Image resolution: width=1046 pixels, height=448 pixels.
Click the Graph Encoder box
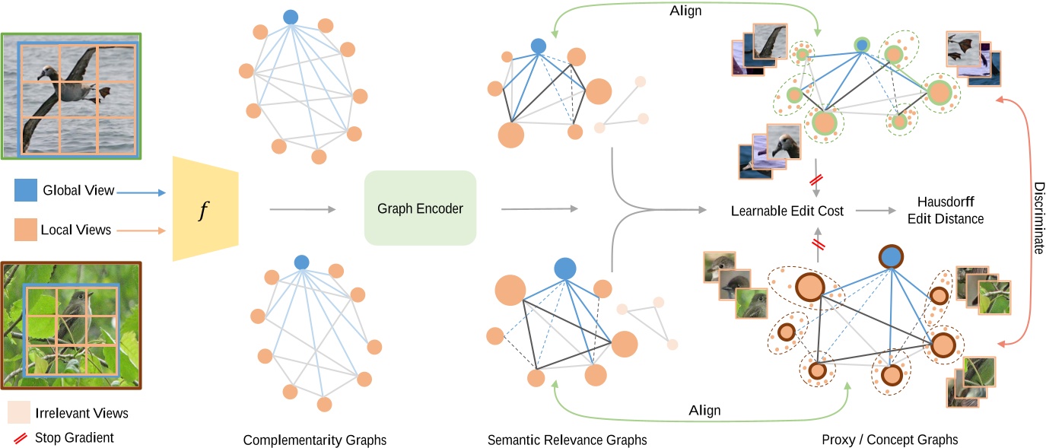[420, 208]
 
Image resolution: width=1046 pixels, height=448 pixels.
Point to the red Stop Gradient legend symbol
[20, 437]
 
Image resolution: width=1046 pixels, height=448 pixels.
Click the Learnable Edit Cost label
[787, 211]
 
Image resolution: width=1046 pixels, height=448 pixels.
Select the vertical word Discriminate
[1035, 217]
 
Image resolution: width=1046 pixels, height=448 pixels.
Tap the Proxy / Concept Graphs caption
[890, 440]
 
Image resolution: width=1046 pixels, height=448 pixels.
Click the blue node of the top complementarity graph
[290, 16]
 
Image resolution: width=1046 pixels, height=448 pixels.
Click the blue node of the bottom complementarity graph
[302, 262]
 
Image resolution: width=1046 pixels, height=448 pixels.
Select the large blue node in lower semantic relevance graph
[564, 268]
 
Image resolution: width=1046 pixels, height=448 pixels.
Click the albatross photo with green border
[71, 96]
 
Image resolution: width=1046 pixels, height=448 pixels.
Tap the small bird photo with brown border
[71, 324]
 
